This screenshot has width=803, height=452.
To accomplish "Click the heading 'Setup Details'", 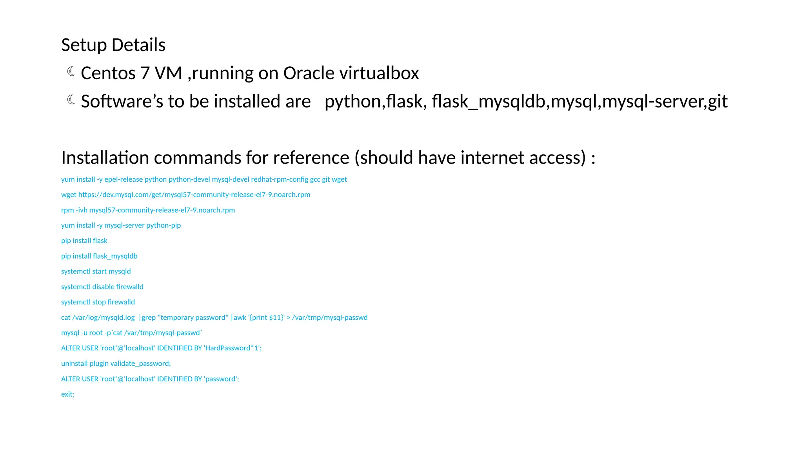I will (x=113, y=45).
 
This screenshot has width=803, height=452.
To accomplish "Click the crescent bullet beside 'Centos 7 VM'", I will (x=71, y=71).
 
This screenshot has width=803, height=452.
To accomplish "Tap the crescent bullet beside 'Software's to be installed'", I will (x=71, y=100).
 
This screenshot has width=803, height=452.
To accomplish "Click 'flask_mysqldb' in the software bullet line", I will (x=489, y=101).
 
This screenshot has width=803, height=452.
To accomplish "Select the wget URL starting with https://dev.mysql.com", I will (x=194, y=195).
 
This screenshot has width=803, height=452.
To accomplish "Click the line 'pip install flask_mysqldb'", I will (x=99, y=256).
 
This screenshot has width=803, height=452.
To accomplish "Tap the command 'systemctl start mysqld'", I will (x=96, y=272).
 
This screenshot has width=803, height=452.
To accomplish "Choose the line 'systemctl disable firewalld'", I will (x=102, y=287).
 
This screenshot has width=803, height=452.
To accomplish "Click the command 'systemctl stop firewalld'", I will (x=98, y=302).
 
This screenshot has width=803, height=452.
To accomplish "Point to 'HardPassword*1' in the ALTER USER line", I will (x=232, y=348).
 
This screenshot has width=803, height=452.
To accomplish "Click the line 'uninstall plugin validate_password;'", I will (x=116, y=363).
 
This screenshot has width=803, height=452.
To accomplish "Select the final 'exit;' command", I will (x=68, y=394).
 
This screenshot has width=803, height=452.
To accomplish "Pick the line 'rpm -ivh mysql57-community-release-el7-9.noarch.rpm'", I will (x=148, y=210).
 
